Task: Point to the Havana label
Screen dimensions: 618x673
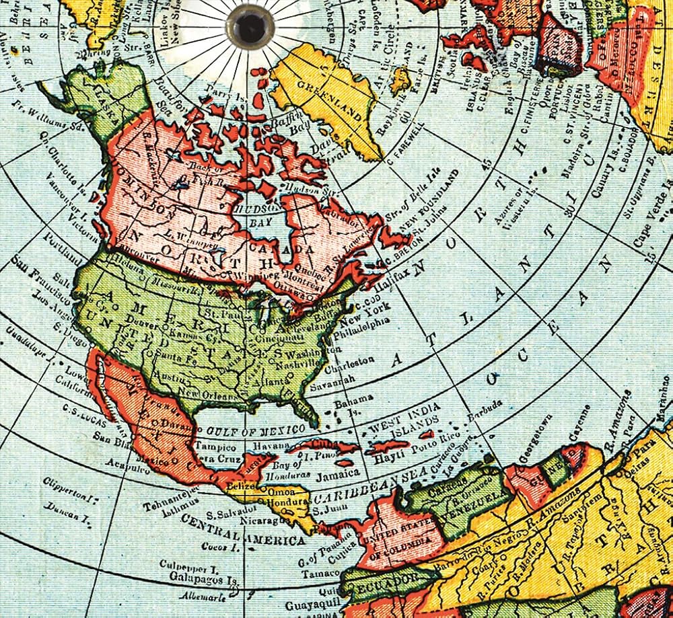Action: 266,446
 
